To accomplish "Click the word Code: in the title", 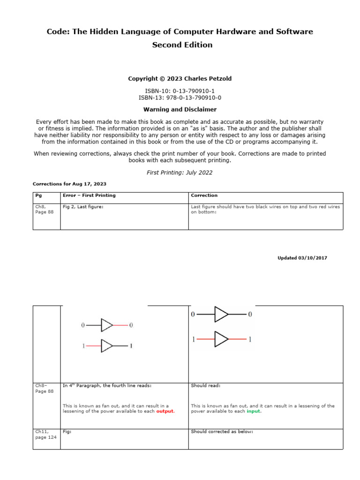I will click(x=58, y=31).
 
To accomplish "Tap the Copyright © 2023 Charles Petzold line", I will click(x=180, y=79).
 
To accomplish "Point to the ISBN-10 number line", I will click(x=180, y=90).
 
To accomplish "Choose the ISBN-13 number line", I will click(x=180, y=97).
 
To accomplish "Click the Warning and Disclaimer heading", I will click(x=180, y=109).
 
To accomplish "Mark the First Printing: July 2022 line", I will click(x=180, y=172).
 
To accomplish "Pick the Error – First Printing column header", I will click(x=89, y=195).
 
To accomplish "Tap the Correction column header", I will click(x=204, y=195).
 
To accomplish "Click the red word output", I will click(x=165, y=411).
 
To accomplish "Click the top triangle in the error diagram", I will click(x=107, y=325).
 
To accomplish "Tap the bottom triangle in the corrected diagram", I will click(x=221, y=339).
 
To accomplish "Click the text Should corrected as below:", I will click(x=222, y=431).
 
